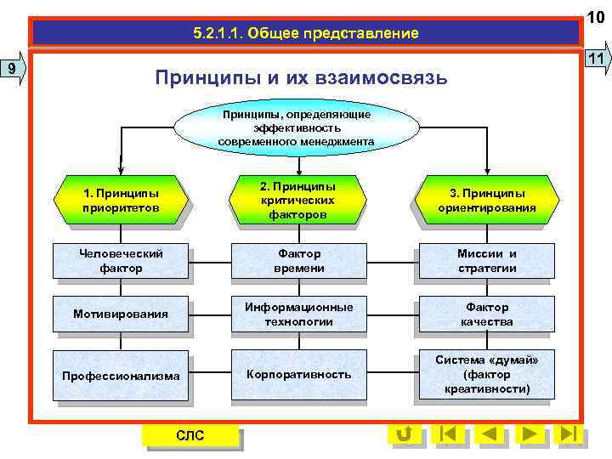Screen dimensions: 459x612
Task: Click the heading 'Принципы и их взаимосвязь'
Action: (x=300, y=78)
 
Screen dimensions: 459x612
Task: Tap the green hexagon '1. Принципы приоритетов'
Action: (x=120, y=201)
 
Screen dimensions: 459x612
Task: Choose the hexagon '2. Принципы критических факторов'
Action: (x=297, y=201)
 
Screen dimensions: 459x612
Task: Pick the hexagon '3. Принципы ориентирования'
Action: (x=486, y=201)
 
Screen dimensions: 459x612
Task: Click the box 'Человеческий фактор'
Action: (x=120, y=260)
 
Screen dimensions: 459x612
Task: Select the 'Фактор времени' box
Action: (x=298, y=260)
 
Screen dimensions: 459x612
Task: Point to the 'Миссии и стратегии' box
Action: (x=486, y=260)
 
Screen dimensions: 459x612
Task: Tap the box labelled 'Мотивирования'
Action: (x=120, y=314)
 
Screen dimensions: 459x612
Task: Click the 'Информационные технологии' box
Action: (x=298, y=314)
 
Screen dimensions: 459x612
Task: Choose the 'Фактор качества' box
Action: (x=486, y=314)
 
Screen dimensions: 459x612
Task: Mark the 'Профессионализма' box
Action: (x=120, y=375)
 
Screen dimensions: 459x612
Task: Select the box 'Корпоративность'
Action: (x=298, y=374)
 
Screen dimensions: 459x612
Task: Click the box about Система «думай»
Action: (x=486, y=374)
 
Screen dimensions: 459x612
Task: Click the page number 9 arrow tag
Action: (x=14, y=68)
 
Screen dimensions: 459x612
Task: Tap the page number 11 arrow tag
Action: (x=598, y=58)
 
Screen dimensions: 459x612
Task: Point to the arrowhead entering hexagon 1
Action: (x=121, y=169)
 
